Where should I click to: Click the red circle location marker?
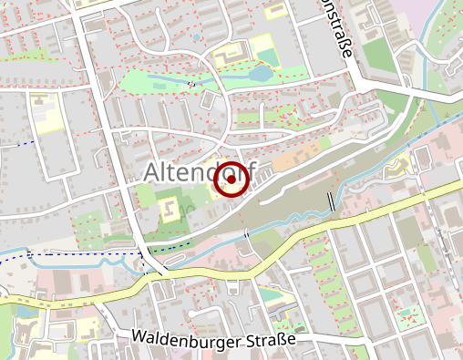(231, 180)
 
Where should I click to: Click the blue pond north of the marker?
(262, 73)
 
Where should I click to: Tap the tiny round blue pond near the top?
(195, 38)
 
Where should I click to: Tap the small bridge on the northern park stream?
(191, 85)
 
